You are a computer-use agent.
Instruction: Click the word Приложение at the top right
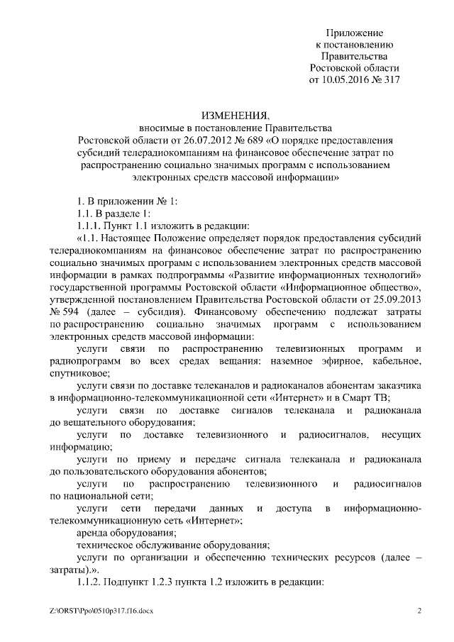point(355,33)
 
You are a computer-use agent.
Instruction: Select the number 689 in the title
point(251,139)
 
